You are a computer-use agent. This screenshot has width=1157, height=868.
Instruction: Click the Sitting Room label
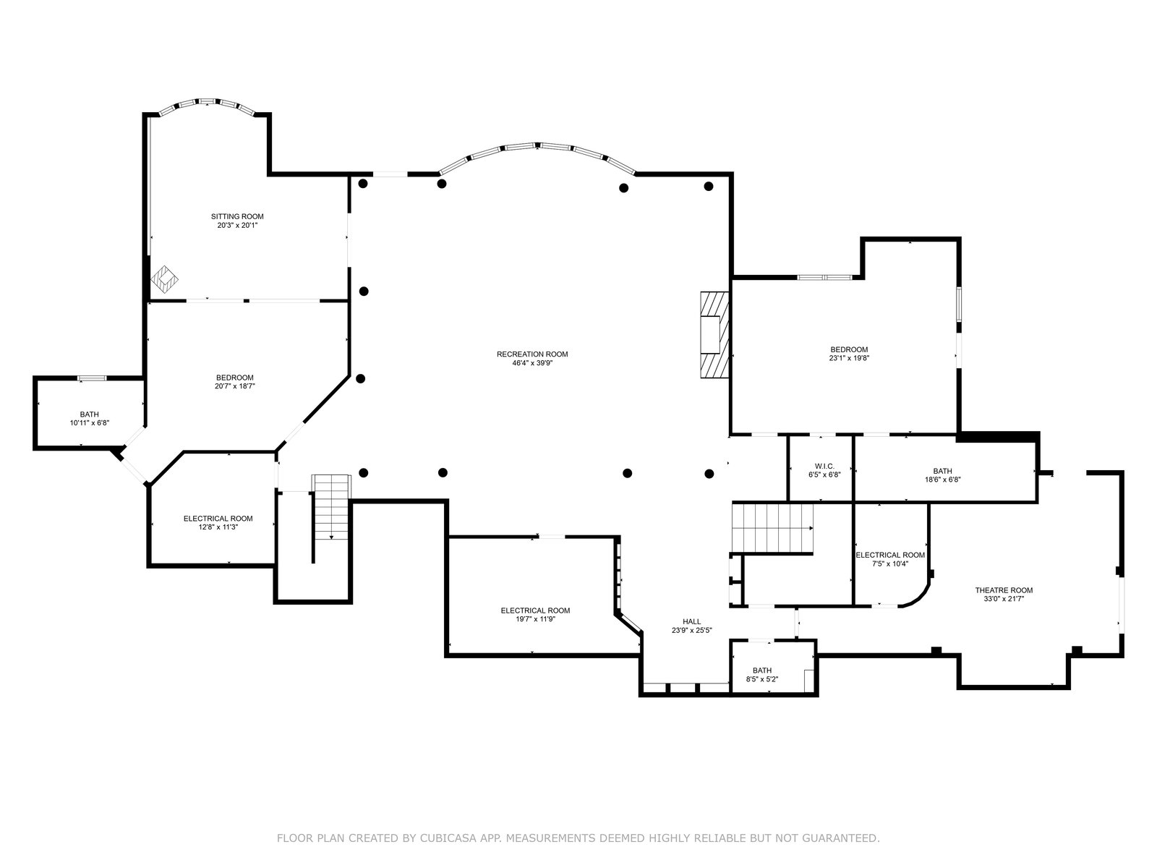[x=237, y=216]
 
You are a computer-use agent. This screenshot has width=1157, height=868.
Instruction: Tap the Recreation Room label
[x=532, y=354]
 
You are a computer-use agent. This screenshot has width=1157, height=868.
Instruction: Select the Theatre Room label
[x=1004, y=590]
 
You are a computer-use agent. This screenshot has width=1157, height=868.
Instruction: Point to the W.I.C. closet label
[x=824, y=467]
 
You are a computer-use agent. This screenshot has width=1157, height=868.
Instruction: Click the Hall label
[x=691, y=622]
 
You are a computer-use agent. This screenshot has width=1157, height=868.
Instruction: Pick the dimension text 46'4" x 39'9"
[x=532, y=363]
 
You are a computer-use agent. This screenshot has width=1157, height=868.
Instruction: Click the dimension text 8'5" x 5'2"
[x=761, y=679]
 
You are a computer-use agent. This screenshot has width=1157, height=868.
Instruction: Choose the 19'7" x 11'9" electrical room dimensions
[x=536, y=619]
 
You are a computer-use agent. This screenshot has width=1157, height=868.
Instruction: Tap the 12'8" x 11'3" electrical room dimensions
[x=218, y=527]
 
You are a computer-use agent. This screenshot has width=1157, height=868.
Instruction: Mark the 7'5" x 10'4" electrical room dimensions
[x=890, y=564]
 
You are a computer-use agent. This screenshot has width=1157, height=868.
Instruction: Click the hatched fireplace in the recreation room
[x=714, y=335]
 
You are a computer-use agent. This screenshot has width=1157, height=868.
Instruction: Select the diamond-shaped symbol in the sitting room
[x=164, y=279]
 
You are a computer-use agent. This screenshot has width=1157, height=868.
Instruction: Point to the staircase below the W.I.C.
[x=772, y=528]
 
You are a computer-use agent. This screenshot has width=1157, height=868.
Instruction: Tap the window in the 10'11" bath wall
[x=93, y=378]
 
